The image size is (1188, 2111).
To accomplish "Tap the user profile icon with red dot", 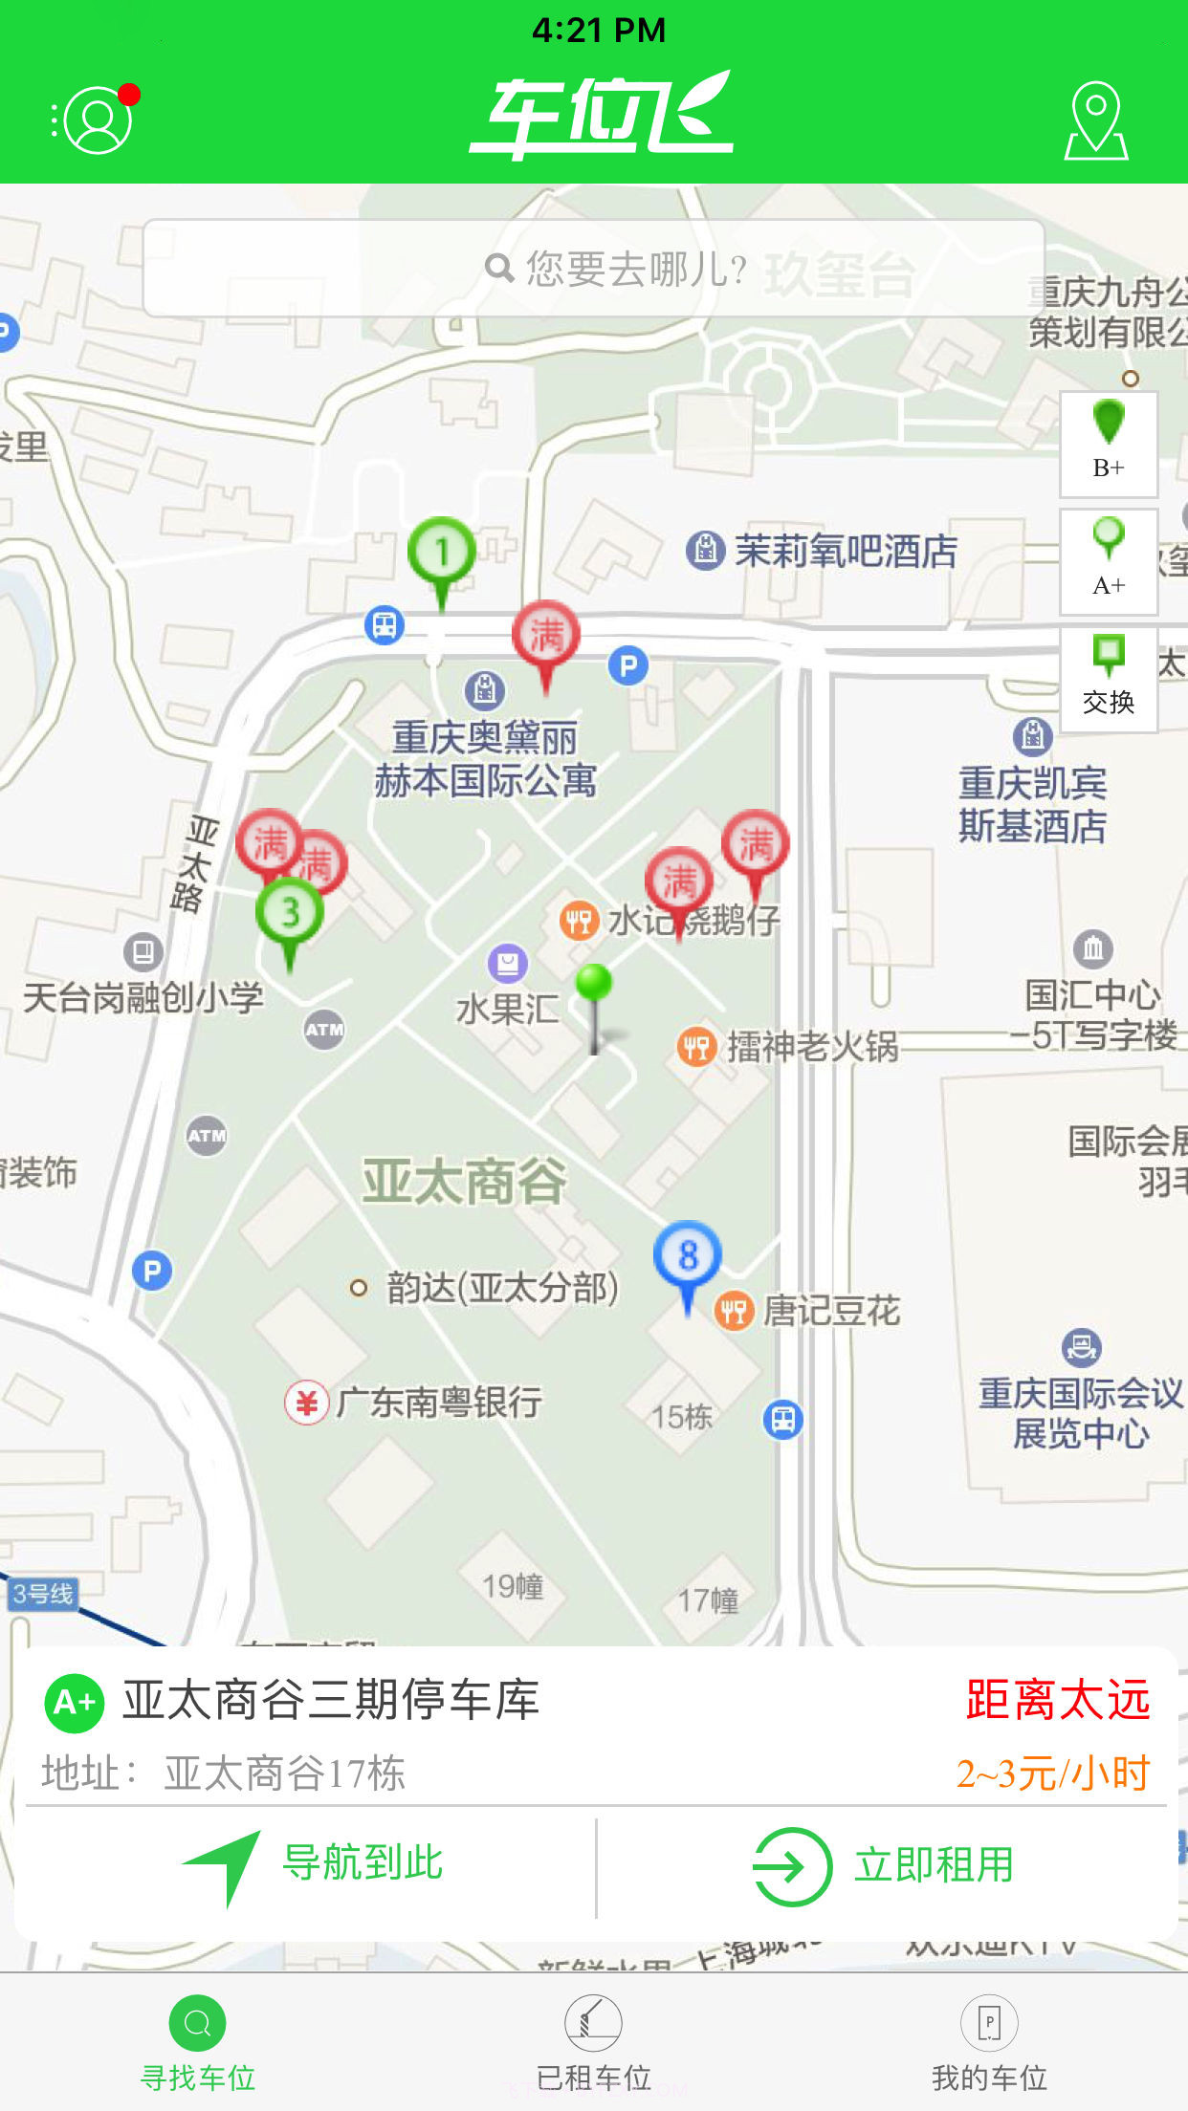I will (x=97, y=120).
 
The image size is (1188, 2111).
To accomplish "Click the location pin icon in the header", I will (x=1096, y=120).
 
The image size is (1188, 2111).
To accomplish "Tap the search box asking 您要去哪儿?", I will (x=593, y=269).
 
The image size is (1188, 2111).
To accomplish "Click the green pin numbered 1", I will (x=441, y=553).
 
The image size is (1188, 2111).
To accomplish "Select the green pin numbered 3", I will (x=290, y=913).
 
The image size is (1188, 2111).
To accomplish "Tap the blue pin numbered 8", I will (x=687, y=1255).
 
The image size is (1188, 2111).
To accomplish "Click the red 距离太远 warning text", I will (x=1057, y=1701).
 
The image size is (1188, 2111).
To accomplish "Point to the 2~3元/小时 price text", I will (x=1052, y=1774).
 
